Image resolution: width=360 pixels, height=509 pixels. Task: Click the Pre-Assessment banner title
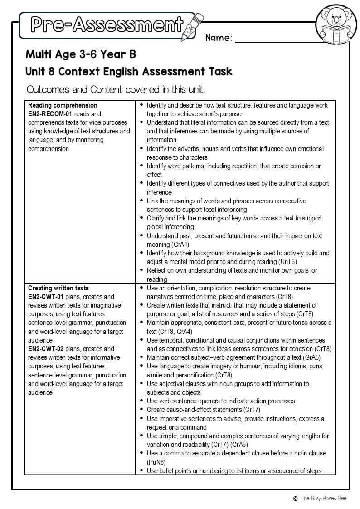(107, 24)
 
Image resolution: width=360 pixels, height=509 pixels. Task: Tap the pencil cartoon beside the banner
(192, 26)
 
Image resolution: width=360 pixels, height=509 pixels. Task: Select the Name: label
(219, 38)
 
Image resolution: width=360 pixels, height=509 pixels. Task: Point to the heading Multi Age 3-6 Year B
(81, 54)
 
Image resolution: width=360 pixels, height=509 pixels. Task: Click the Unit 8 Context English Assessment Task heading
(129, 71)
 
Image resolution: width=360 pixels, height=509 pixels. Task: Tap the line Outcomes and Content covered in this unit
(116, 89)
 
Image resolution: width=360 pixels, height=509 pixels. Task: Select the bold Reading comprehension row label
(63, 105)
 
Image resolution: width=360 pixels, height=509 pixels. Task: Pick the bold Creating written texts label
(58, 288)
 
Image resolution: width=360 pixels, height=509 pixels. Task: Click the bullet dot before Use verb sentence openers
(141, 401)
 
